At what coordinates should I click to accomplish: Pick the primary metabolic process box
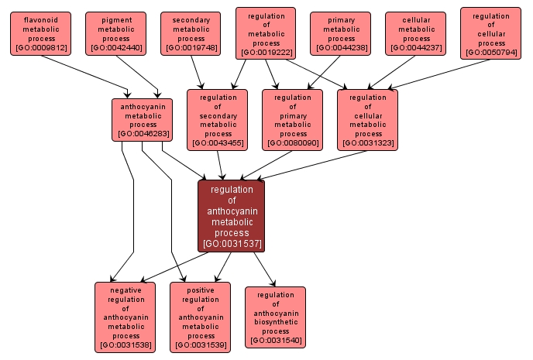pos(341,33)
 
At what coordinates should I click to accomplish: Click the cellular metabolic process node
pos(416,33)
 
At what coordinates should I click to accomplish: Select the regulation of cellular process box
pos(490,33)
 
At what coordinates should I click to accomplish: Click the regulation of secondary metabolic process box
pos(218,119)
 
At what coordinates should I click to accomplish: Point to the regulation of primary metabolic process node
pos(292,119)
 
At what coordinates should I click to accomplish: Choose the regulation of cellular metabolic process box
pos(367,119)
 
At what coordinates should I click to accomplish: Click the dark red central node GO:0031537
pos(232,216)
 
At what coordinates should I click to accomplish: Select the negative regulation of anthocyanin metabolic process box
pos(126,317)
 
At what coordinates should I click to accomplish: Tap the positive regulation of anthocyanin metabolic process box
pos(201,317)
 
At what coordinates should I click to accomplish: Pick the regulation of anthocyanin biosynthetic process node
pos(275,317)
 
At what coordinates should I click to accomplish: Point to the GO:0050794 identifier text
pos(490,53)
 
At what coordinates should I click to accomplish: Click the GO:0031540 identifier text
pos(275,341)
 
